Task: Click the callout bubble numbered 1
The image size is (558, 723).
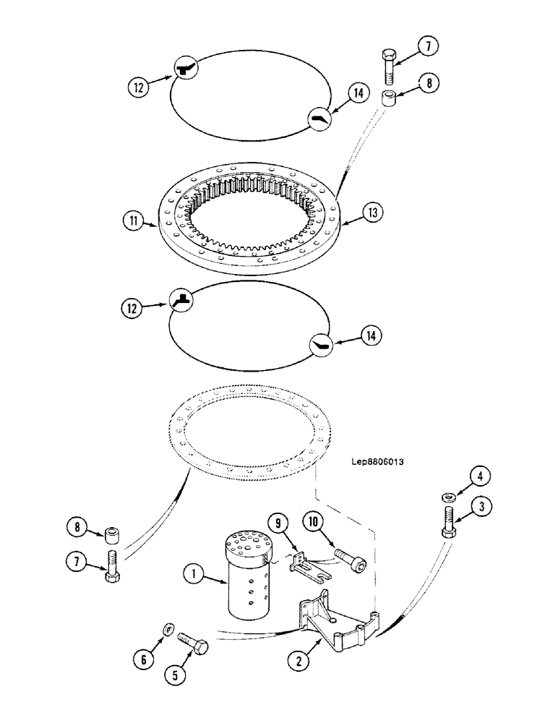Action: pyautogui.click(x=192, y=576)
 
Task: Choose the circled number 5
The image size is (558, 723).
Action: pyautogui.click(x=174, y=675)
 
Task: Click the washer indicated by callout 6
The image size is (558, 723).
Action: pyautogui.click(x=168, y=630)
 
